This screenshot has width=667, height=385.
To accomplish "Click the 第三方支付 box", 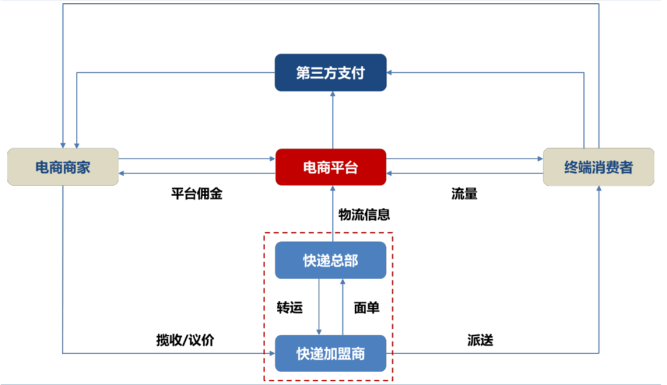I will [330, 73].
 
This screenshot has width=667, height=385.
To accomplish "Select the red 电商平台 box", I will [330, 167].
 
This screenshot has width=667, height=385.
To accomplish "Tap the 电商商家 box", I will [62, 167].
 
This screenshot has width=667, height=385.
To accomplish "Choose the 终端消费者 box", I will [598, 167].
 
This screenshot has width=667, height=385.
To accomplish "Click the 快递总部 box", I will [330, 260].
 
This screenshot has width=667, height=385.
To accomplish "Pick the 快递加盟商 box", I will [330, 354].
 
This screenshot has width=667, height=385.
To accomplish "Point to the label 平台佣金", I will [196, 194].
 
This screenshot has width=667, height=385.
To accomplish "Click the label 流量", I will [464, 194].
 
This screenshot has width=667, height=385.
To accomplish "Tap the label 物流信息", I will [364, 215].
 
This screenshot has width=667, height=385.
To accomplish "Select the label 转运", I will [290, 307].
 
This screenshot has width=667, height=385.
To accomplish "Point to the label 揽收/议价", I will [185, 340].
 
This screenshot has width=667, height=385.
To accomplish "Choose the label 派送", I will [480, 340].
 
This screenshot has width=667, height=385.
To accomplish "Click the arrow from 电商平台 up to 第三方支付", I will [332, 120].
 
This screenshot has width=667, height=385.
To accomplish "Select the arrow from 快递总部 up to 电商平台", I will [332, 213].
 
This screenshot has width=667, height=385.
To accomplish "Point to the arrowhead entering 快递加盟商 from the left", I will [271, 354].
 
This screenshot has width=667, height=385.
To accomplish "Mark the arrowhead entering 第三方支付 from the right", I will [391, 73].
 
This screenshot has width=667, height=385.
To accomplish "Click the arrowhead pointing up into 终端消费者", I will [598, 189].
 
